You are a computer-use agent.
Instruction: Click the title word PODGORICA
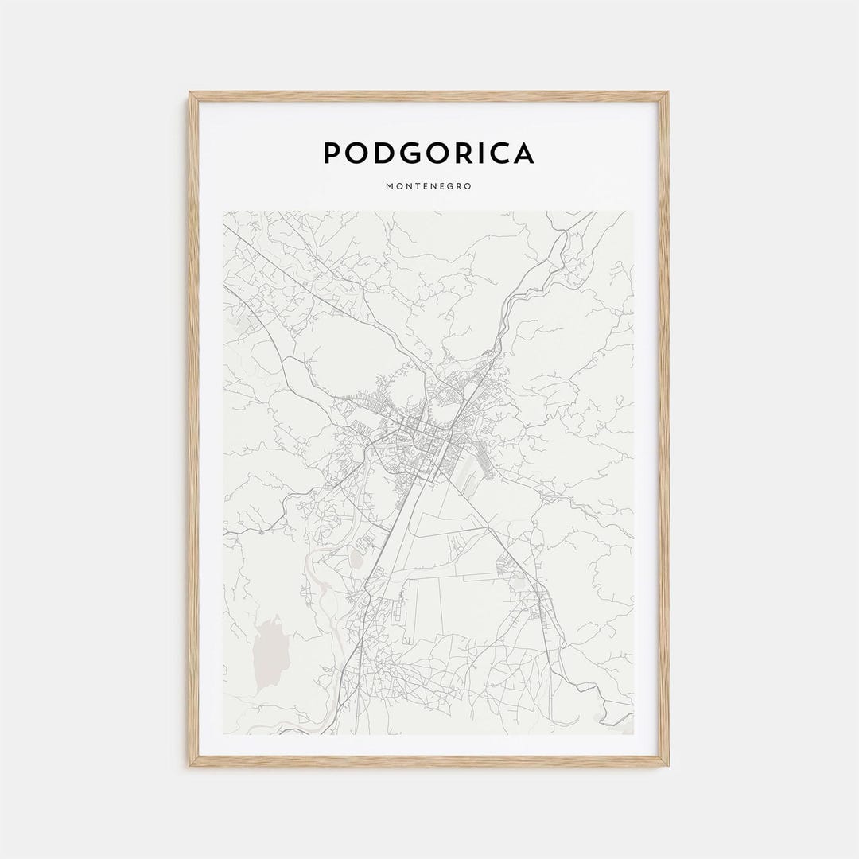tap(429, 153)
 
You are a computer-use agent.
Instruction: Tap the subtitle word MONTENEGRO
tap(429, 186)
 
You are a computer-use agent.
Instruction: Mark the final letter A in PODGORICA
tap(522, 153)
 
